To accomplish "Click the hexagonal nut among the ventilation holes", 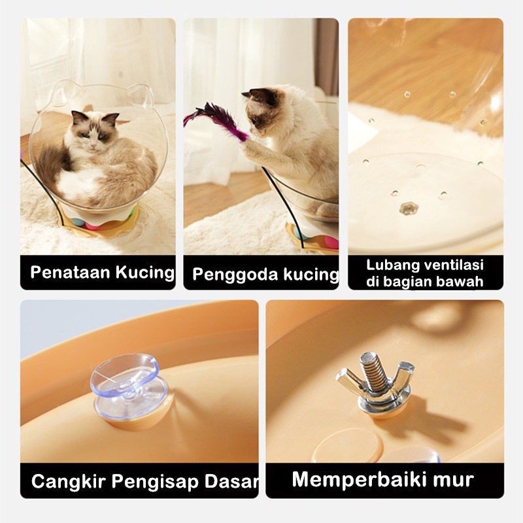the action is (406, 209).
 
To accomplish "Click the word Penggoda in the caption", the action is (235, 275).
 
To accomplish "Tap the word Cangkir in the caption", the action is (69, 481).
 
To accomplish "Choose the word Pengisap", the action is (156, 482).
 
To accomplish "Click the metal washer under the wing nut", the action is (383, 401).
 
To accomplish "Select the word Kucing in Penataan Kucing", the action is (145, 273).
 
